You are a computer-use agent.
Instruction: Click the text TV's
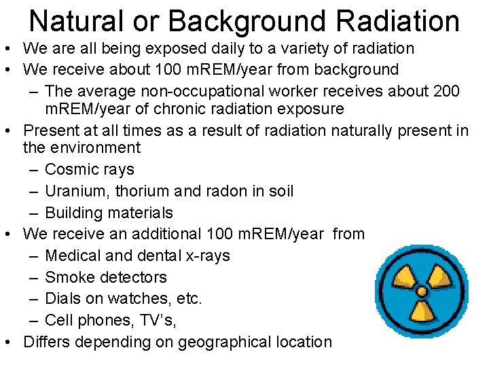[161, 320]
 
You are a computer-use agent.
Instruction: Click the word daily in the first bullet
[202, 48]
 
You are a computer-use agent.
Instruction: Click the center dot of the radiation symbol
[421, 292]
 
